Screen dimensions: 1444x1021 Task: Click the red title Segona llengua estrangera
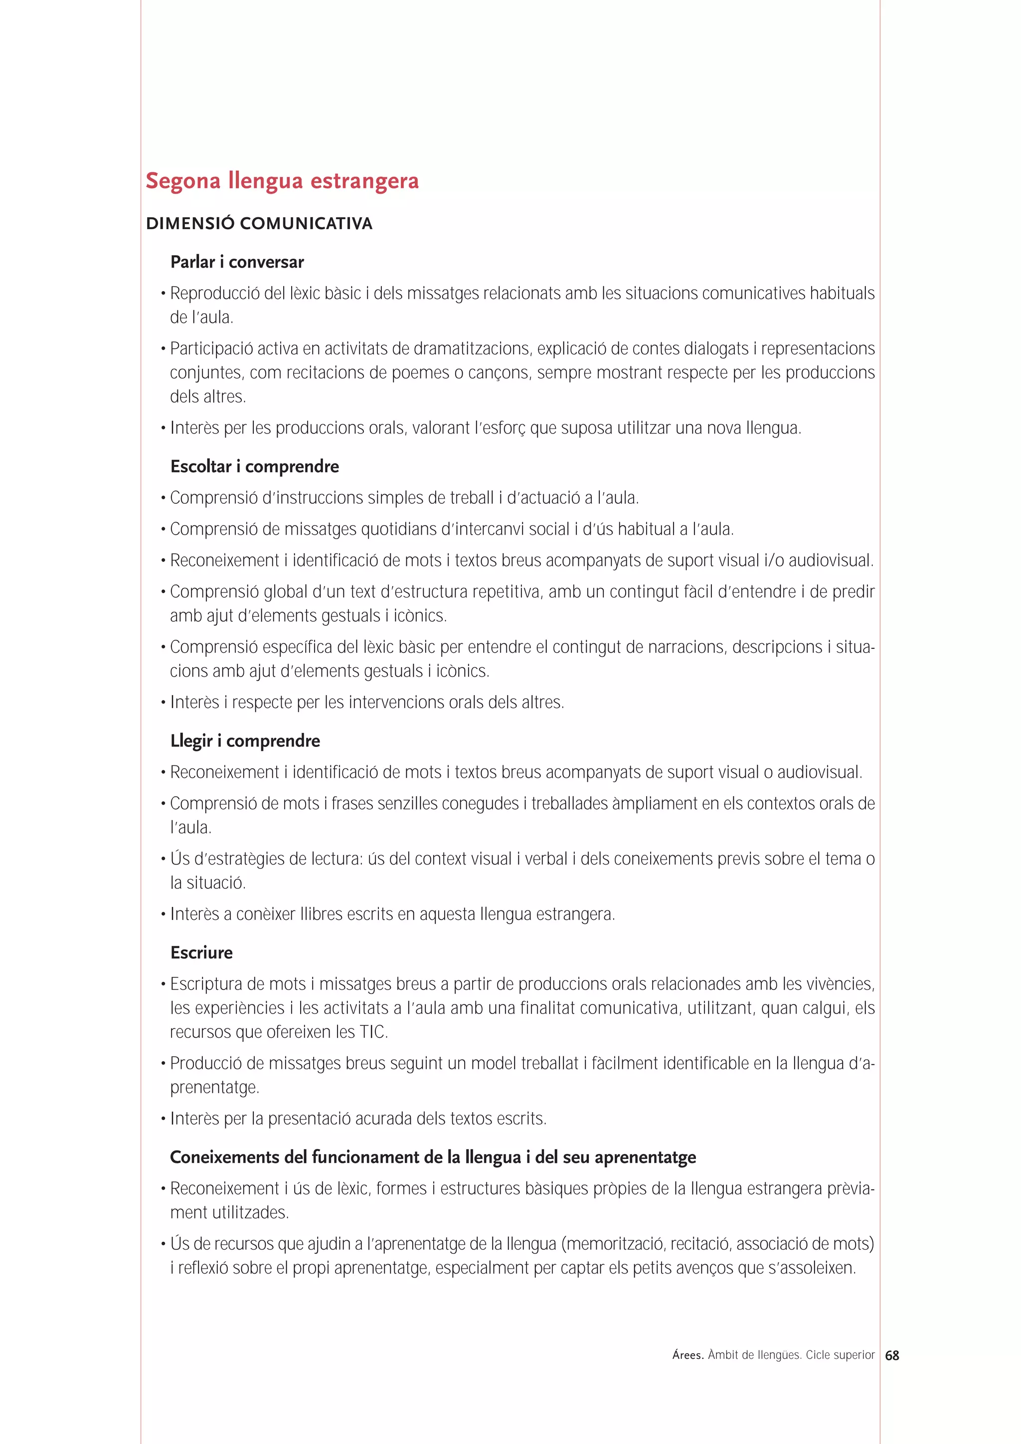(282, 181)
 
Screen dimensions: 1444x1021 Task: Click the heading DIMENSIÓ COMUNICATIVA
(259, 224)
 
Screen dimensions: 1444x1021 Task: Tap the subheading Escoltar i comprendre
(254, 467)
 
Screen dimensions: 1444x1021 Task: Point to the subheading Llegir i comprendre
(245, 741)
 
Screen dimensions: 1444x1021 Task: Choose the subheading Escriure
(201, 953)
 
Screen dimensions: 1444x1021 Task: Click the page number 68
(891, 1356)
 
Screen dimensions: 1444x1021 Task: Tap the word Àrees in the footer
(687, 1355)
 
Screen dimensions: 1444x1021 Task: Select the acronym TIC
(372, 1032)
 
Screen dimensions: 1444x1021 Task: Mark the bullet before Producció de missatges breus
(163, 1063)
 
